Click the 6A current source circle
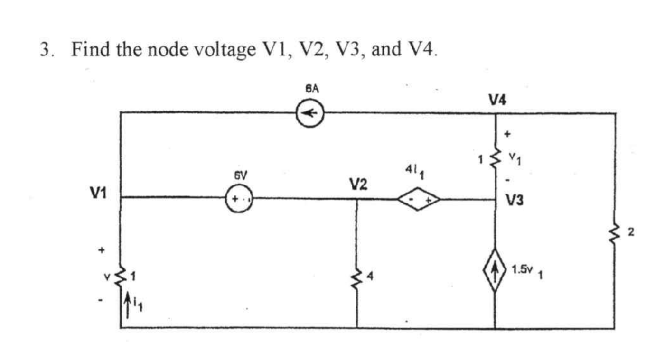pyautogui.click(x=310, y=113)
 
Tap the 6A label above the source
pyautogui.click(x=309, y=89)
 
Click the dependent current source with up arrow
pyautogui.click(x=495, y=270)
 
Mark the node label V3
pyautogui.click(x=515, y=201)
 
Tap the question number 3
pyautogui.click(x=45, y=49)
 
